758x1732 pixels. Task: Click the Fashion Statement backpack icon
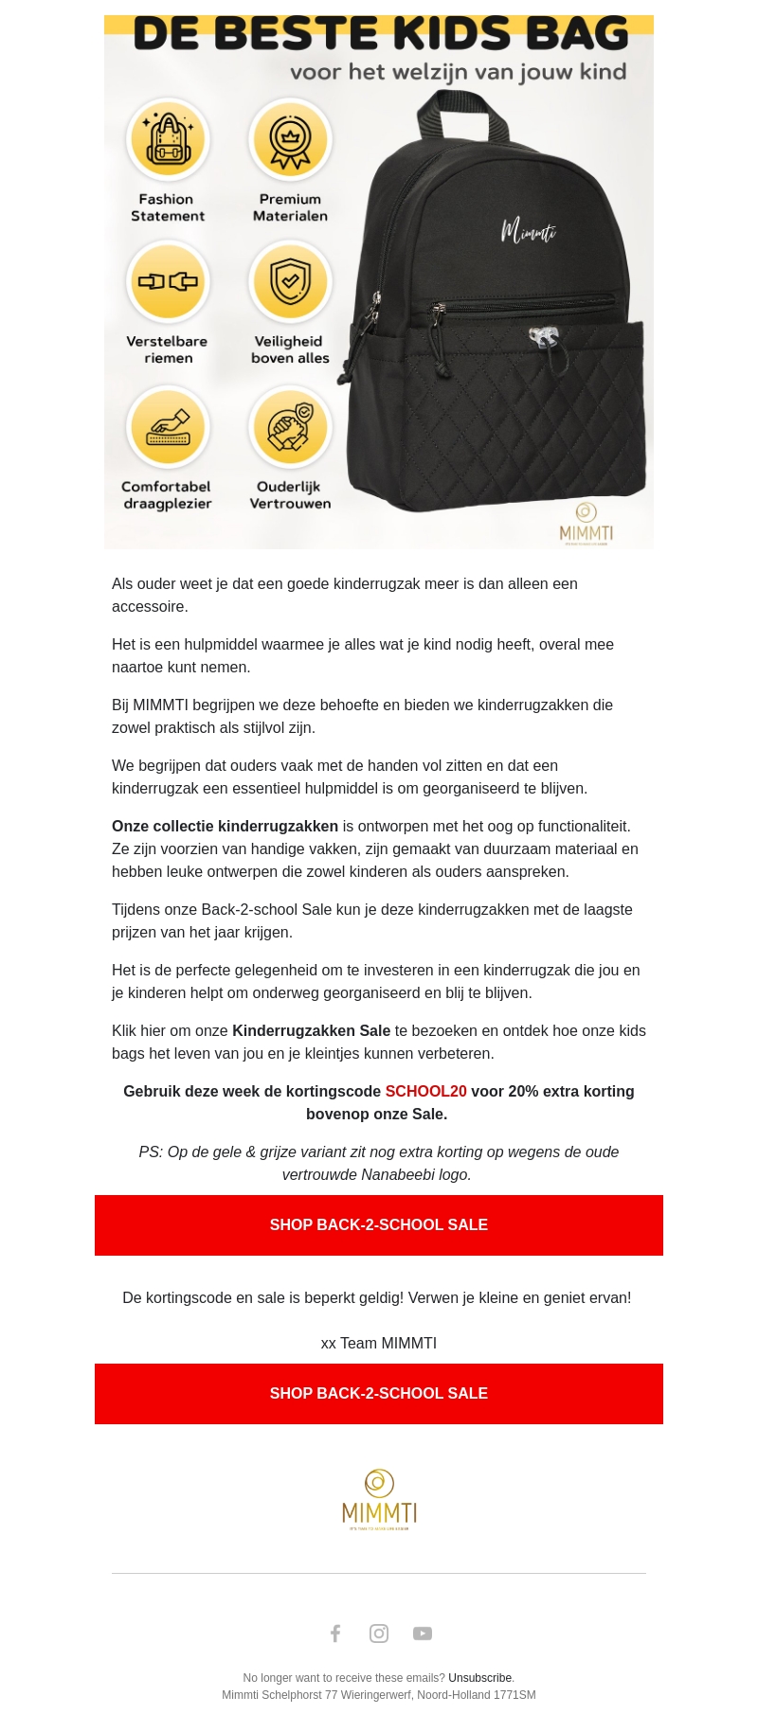point(168,139)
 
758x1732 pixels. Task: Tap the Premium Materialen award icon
point(290,139)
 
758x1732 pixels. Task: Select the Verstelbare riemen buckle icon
point(168,281)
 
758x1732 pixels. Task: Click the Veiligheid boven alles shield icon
point(290,281)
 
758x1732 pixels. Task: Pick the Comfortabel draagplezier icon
point(168,427)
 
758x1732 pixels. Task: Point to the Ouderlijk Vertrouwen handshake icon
point(290,427)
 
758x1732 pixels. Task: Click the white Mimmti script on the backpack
point(528,230)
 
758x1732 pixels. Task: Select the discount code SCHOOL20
point(425,1092)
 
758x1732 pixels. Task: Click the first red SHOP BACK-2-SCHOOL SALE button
point(379,1225)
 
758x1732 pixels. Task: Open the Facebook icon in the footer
point(335,1634)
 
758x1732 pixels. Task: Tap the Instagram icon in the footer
point(379,1634)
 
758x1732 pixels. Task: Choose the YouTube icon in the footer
point(423,1634)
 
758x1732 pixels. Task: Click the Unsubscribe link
point(479,1678)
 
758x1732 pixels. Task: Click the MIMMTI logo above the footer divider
point(379,1500)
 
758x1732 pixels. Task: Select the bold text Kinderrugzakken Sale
point(311,1031)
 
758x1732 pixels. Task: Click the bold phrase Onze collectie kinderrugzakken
point(225,827)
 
